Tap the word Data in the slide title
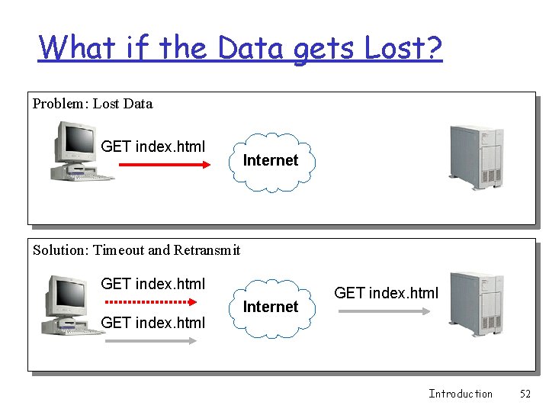coord(251,48)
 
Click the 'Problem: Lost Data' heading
coord(92,104)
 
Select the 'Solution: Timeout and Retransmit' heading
coord(136,250)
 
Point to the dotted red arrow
coord(149,302)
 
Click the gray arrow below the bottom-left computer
coord(150,341)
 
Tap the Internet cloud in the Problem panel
coord(271,161)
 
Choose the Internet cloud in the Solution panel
coord(271,307)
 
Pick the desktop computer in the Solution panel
coord(75,304)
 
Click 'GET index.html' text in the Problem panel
coord(153,146)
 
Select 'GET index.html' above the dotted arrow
coord(153,285)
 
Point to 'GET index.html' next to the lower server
coord(387,293)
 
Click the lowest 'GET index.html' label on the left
coord(153,323)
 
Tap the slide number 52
coord(525,394)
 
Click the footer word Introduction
coord(461,394)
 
